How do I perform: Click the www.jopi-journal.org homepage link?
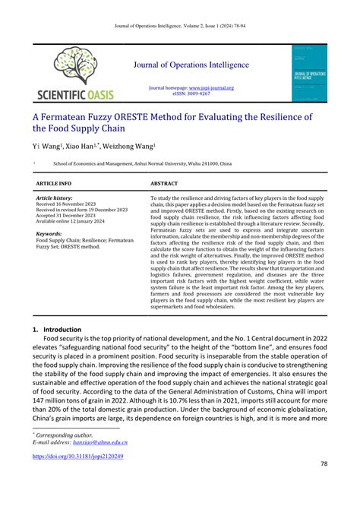pos(212,88)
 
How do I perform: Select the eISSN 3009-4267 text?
pos(196,94)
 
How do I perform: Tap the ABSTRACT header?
pos(165,184)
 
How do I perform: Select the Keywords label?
pos(49,234)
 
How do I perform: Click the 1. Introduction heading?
pos(62,330)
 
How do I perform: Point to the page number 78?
pos(324,463)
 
